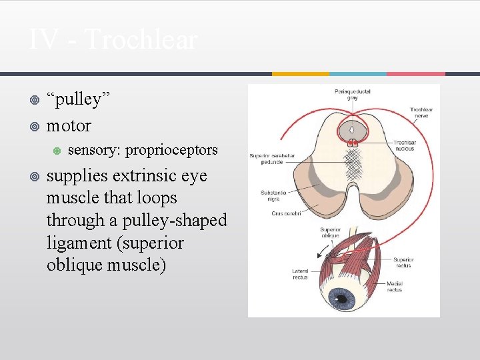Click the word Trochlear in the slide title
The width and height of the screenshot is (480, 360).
(141, 40)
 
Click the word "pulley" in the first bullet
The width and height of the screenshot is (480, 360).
(78, 99)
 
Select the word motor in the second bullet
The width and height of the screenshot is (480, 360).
(69, 125)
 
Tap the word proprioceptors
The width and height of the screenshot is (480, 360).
(171, 150)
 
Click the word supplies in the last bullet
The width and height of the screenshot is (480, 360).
(75, 176)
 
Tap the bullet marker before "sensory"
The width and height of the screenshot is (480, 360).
(56, 151)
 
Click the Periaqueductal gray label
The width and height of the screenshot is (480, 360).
(353, 94)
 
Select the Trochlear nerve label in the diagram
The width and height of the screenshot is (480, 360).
(421, 113)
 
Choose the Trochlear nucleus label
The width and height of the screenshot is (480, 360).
(405, 145)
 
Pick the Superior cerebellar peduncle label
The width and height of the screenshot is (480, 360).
(272, 159)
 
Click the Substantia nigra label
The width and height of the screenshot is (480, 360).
(273, 196)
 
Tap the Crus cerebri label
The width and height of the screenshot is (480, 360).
(286, 213)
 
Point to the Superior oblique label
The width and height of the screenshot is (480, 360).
(329, 232)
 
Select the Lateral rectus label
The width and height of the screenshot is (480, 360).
(300, 274)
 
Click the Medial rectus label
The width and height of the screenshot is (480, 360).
(395, 287)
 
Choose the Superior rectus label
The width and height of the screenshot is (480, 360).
(403, 263)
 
